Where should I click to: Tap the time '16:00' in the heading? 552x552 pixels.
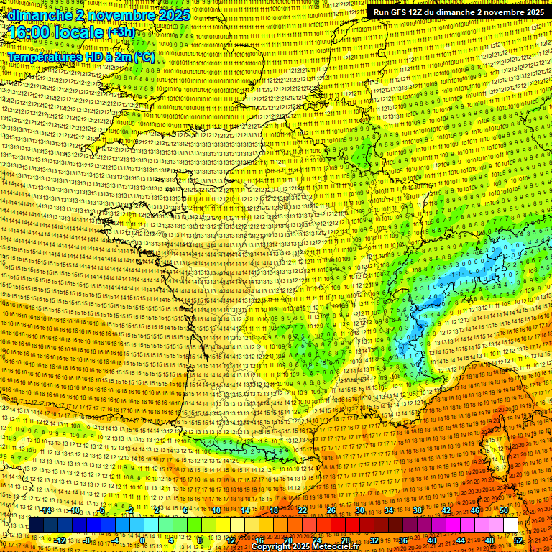click(30, 33)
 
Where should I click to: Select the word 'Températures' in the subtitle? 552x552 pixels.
click(42, 57)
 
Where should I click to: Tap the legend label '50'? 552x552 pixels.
click(503, 510)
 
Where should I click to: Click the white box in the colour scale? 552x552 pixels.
click(510, 525)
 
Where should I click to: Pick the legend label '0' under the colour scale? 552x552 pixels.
click(142, 540)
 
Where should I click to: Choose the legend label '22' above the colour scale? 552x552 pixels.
click(303, 510)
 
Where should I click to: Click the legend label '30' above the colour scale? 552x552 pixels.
click(360, 510)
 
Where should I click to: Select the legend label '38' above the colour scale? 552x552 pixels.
click(418, 510)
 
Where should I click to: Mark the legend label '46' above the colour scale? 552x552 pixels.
click(474, 510)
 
